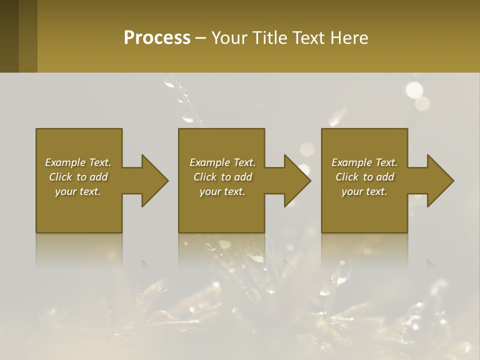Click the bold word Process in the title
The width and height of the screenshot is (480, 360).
156,38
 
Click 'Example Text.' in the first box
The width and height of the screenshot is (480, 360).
78,162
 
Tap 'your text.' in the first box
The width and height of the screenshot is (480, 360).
78,191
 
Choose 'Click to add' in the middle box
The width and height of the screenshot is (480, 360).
222,177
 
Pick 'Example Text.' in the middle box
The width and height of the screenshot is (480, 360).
222,162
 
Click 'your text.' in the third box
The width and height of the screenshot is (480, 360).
364,191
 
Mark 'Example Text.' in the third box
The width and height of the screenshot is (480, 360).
364,162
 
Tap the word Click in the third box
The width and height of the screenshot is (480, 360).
347,177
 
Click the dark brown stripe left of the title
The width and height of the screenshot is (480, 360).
9,36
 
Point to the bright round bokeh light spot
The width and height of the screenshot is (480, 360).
414,90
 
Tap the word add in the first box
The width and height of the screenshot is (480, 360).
98,177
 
